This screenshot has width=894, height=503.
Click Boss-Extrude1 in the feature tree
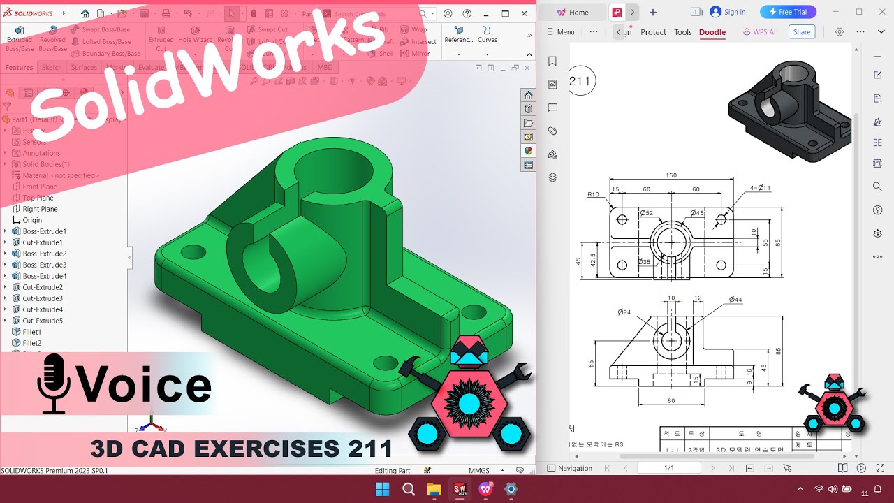tap(44, 231)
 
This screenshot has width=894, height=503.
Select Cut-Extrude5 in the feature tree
tap(43, 321)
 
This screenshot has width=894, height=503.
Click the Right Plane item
tap(40, 209)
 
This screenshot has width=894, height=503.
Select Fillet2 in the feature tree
tap(31, 343)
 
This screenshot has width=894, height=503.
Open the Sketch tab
tap(52, 68)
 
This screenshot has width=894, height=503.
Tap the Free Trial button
tap(788, 12)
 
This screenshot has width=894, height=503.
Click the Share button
tap(802, 32)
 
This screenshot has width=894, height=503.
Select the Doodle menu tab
tap(712, 32)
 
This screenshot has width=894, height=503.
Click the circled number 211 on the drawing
tap(580, 81)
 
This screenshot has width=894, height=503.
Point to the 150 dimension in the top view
tap(671, 176)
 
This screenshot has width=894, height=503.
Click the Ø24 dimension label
tap(624, 312)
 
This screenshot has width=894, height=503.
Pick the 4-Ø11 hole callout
tap(760, 188)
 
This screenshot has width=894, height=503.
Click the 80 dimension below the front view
tap(671, 400)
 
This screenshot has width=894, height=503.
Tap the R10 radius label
tap(594, 194)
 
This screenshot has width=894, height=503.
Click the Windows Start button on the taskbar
tap(382, 489)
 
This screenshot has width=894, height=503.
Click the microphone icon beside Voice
tap(54, 384)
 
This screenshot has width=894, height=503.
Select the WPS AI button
tap(759, 32)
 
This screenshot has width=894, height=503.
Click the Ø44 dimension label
tap(735, 300)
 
